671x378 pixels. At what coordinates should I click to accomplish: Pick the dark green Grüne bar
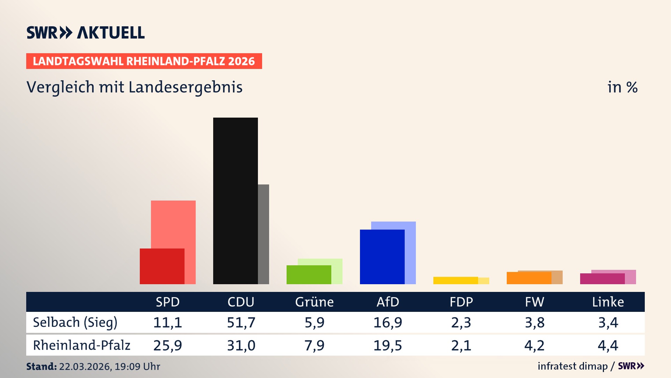309,274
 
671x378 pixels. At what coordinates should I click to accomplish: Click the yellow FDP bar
455,280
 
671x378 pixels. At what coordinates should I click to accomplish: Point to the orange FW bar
529,278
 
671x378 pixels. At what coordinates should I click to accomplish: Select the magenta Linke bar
602,279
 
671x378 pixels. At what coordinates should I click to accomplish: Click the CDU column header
241,302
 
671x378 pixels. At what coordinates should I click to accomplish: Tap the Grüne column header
314,302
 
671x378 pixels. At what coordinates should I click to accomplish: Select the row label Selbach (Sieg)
75,322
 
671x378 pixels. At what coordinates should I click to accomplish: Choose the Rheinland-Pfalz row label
81,345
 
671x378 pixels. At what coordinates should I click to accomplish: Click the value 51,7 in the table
241,322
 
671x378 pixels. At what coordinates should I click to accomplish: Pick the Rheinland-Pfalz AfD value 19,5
388,345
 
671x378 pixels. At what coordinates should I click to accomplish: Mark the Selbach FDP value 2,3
461,322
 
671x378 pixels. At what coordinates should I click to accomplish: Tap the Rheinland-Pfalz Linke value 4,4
608,345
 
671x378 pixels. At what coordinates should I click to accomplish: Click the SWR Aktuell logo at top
85,33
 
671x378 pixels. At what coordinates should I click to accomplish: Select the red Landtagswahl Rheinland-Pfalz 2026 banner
144,61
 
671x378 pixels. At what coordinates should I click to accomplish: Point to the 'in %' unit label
622,87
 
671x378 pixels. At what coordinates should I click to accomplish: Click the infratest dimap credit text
572,366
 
